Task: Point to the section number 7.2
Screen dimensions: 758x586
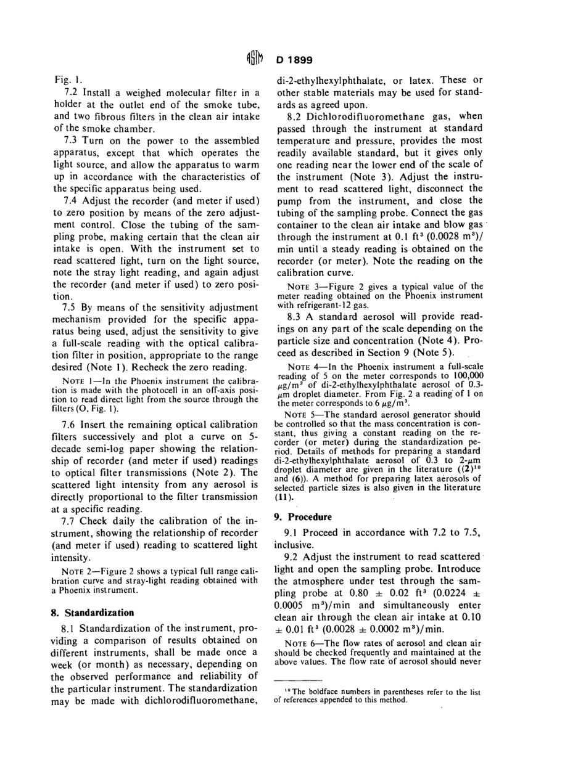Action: (x=71, y=92)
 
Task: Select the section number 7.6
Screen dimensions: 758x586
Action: (x=71, y=425)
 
